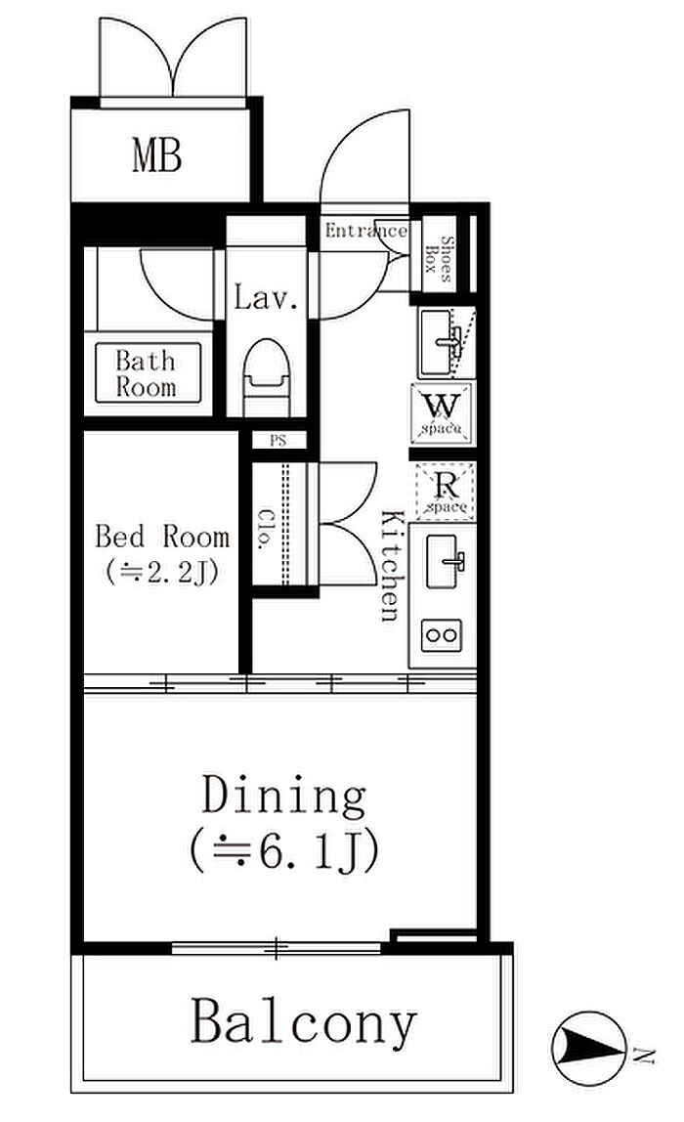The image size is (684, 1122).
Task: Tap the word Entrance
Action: tap(365, 231)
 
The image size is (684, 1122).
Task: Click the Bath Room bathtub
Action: tap(149, 372)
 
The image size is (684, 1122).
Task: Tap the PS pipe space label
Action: tap(278, 441)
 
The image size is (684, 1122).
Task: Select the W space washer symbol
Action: tap(443, 412)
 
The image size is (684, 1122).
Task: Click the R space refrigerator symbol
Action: tap(446, 491)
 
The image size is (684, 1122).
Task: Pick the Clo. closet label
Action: tap(267, 530)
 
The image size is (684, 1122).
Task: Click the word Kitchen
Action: tap(392, 565)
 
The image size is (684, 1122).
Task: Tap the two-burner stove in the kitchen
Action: tap(442, 635)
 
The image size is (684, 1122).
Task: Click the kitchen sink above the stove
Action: tap(446, 562)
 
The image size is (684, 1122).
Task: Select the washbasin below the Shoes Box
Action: tap(443, 342)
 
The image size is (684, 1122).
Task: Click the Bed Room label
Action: tap(162, 536)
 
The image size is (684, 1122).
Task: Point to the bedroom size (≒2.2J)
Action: tap(161, 572)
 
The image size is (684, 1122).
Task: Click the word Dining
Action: tap(284, 797)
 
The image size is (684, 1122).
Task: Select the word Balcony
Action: tap(303, 1023)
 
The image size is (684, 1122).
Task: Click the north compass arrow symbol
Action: tap(589, 1050)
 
